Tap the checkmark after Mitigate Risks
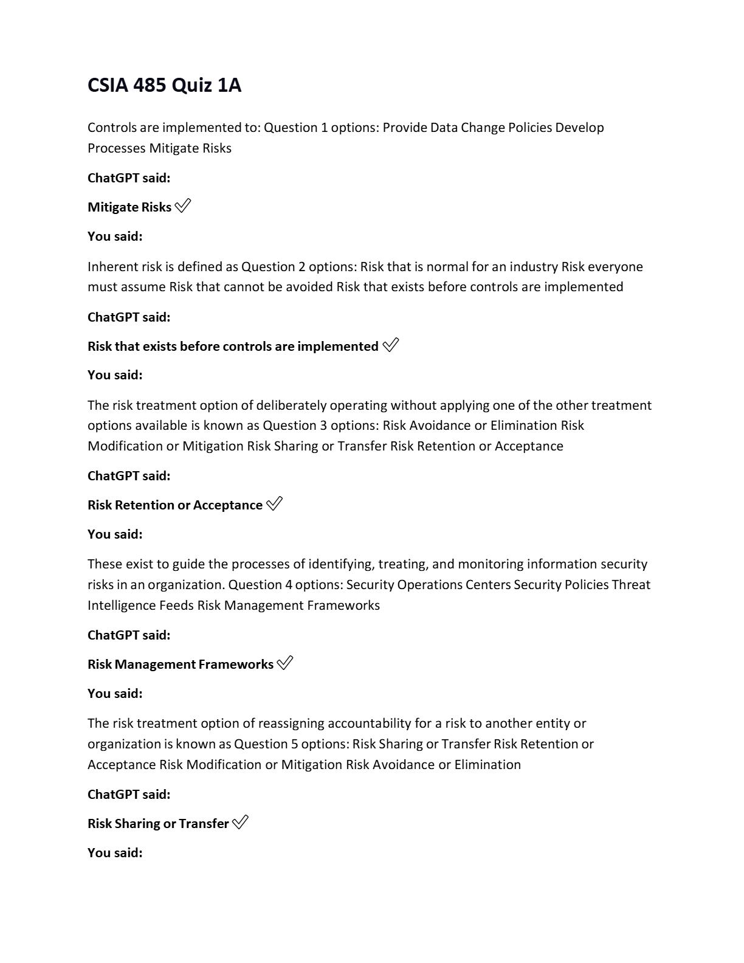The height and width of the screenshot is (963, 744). tap(182, 207)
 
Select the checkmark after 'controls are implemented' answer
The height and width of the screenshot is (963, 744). tap(391, 346)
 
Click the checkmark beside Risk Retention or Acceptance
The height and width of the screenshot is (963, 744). tap(275, 505)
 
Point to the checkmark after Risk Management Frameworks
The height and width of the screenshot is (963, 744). tap(284, 663)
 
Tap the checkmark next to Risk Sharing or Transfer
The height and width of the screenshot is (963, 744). tap(240, 823)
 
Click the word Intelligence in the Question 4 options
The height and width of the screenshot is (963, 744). tap(122, 606)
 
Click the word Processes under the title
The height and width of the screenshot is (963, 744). tap(116, 148)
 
